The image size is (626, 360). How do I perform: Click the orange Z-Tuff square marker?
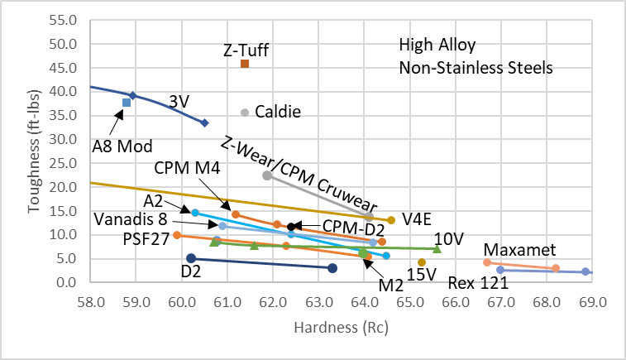point(245,64)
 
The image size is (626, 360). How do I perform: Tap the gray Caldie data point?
point(245,113)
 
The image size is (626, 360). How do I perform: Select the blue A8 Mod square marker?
point(127,103)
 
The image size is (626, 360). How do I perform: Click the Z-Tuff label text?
point(246,50)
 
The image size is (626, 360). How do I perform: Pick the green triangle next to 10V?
point(437,248)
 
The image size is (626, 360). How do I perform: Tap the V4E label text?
point(419,218)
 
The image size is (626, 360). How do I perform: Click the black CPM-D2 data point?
point(291,227)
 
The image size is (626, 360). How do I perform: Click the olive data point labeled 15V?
point(422,262)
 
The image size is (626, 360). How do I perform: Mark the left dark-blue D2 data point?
point(191,258)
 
